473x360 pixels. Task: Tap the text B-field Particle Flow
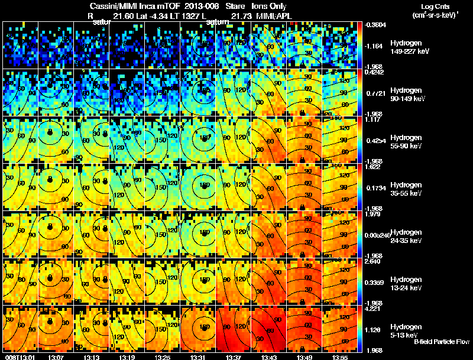(441, 342)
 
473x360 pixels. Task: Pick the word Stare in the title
(235, 6)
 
